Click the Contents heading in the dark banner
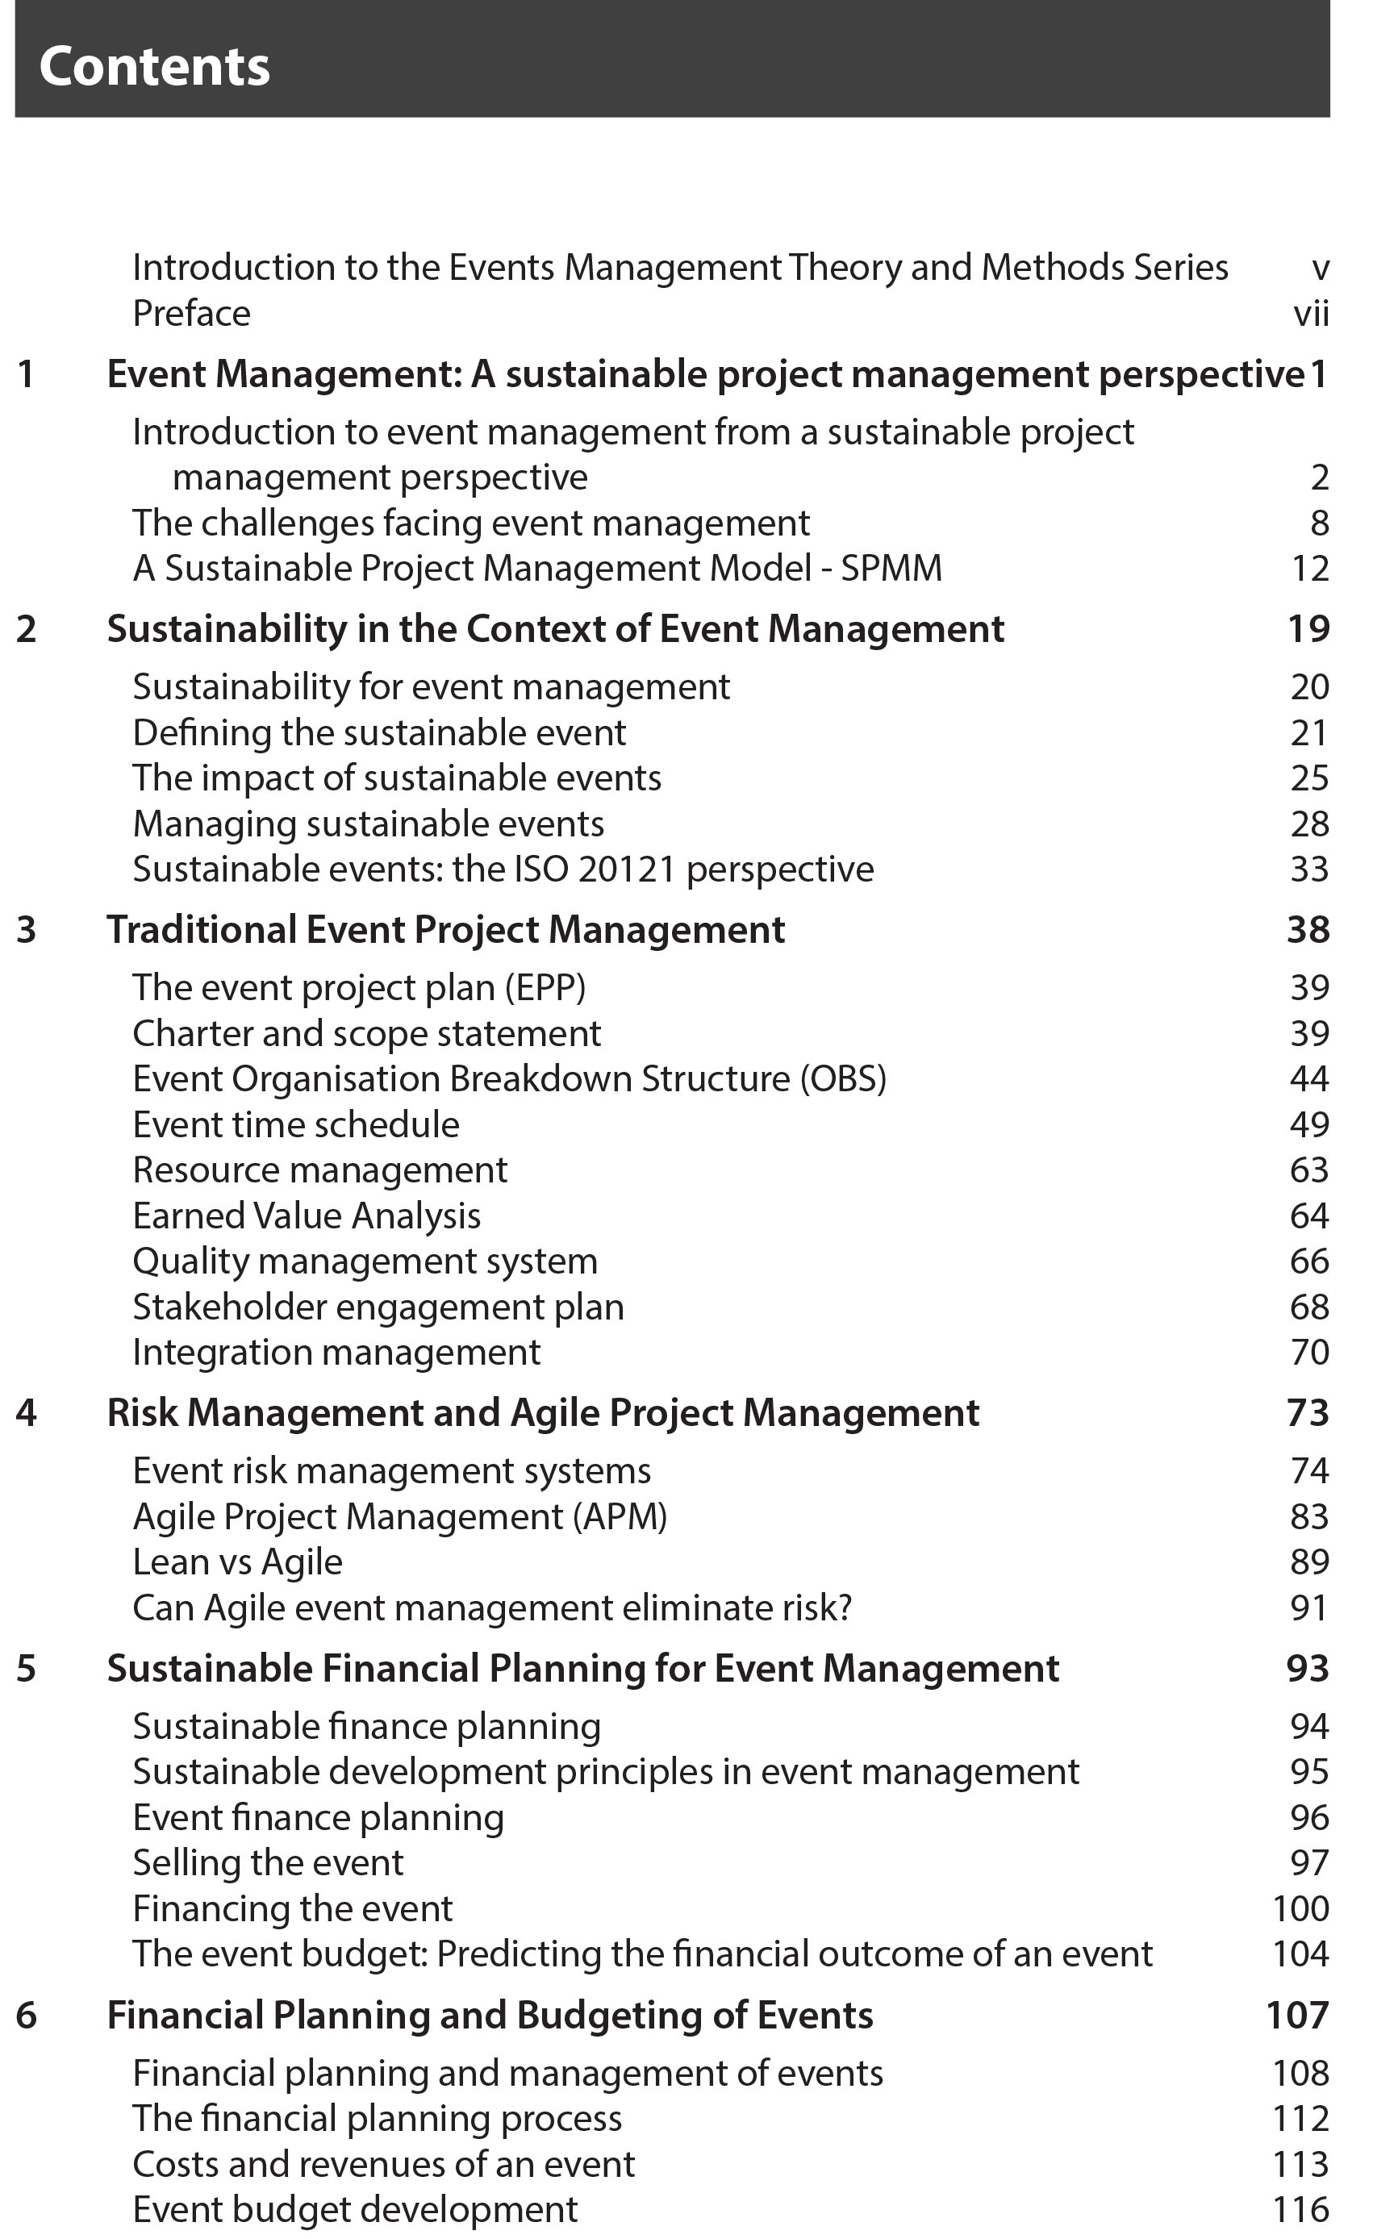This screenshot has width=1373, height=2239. tap(154, 66)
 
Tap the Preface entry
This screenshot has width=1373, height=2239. tap(191, 314)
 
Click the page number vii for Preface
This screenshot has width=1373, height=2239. tap(1310, 314)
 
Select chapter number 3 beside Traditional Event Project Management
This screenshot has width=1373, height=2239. tap(27, 930)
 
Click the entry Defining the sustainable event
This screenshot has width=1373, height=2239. tap(379, 732)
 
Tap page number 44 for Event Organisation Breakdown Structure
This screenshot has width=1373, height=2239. tap(1308, 1078)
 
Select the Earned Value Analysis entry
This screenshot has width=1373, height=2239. tap(307, 1215)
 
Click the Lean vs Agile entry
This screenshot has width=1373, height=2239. tap(237, 1562)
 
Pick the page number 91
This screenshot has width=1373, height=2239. tap(1308, 1607)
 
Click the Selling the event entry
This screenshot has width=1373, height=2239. tap(268, 1863)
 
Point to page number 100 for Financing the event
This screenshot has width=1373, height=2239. tap(1300, 1908)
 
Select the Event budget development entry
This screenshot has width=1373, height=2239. tap(355, 2209)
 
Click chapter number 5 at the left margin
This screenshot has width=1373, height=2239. tap(27, 1668)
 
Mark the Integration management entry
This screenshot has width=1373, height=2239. tap(336, 1352)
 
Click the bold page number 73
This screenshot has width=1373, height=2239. tap(1308, 1413)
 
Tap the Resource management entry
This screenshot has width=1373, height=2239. tap(319, 1170)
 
